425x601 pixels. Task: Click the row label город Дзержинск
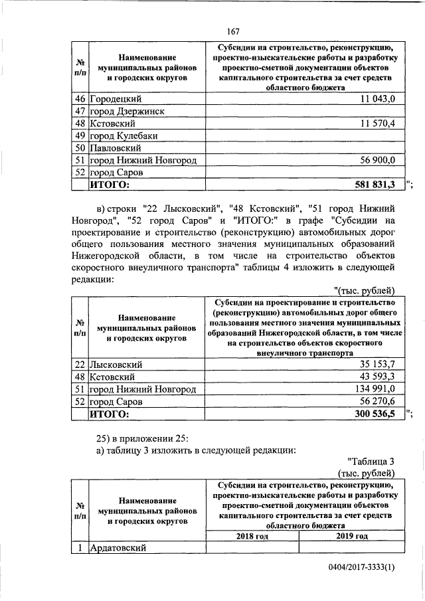pyautogui.click(x=128, y=111)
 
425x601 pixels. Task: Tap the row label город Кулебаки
pyautogui.click(x=125, y=135)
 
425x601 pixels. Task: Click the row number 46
pyautogui.click(x=80, y=99)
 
